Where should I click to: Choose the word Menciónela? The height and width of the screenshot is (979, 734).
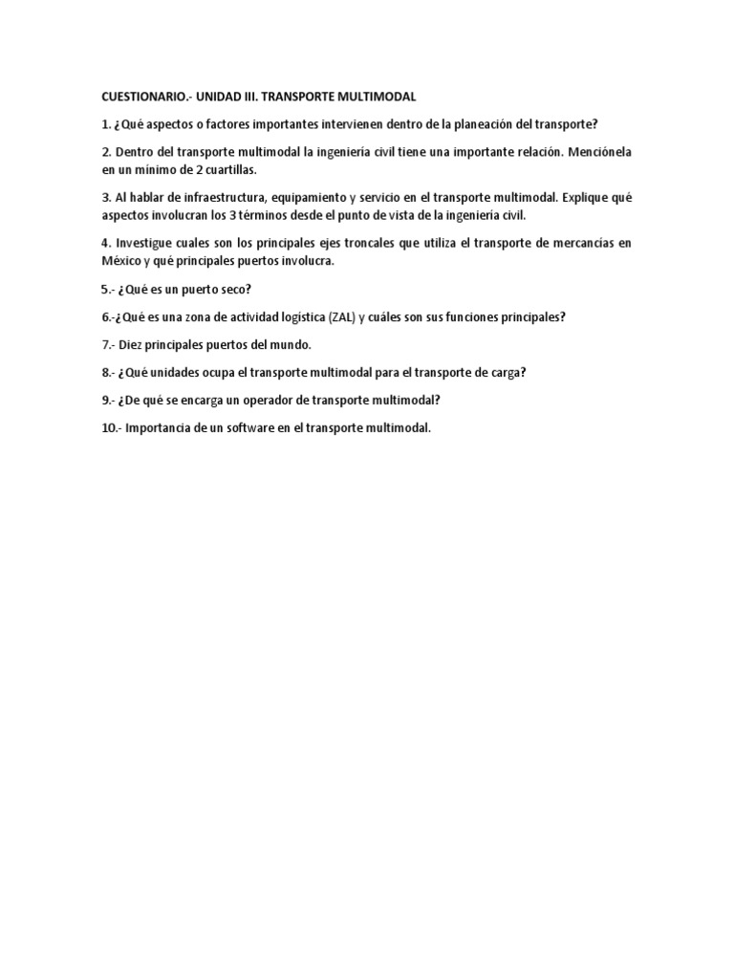[597, 152]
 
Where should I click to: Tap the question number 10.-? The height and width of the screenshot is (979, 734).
[111, 427]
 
